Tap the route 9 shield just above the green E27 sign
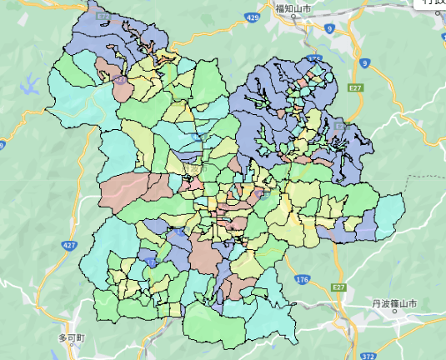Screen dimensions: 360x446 coord(364,62)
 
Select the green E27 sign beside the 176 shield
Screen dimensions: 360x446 coord(338,287)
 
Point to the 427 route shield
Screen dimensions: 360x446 coord(69,246)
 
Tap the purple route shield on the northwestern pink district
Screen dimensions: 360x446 coord(122,81)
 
